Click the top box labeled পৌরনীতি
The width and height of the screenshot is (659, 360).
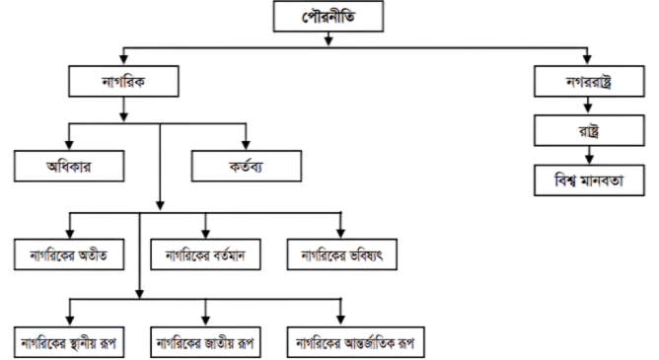[x=329, y=17]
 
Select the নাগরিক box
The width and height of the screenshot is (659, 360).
[x=123, y=82]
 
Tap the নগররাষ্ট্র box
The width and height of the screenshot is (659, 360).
[x=589, y=82]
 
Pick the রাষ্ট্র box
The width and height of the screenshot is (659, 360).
[x=589, y=130]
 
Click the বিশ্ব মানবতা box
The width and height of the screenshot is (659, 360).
[x=589, y=180]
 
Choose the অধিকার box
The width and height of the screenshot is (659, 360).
[x=69, y=167]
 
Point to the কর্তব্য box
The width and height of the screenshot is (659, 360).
[x=247, y=167]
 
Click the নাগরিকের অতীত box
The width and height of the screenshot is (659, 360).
[x=69, y=254]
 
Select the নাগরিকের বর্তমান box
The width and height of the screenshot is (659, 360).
[x=205, y=254]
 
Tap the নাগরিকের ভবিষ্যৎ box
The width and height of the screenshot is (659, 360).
[x=342, y=254]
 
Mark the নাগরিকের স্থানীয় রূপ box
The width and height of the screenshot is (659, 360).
[x=69, y=343]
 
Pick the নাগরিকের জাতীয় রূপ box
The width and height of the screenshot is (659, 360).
[x=205, y=343]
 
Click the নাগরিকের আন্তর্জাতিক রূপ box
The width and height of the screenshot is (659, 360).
[x=355, y=343]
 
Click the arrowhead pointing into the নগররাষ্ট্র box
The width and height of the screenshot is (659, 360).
[x=587, y=59]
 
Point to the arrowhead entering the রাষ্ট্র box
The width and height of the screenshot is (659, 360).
[x=588, y=108]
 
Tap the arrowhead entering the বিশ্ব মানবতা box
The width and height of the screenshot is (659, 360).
[x=589, y=159]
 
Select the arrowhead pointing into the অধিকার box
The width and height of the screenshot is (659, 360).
[x=69, y=145]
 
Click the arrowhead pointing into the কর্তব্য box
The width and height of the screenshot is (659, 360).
[x=246, y=145]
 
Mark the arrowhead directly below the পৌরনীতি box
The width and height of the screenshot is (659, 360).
[x=329, y=40]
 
